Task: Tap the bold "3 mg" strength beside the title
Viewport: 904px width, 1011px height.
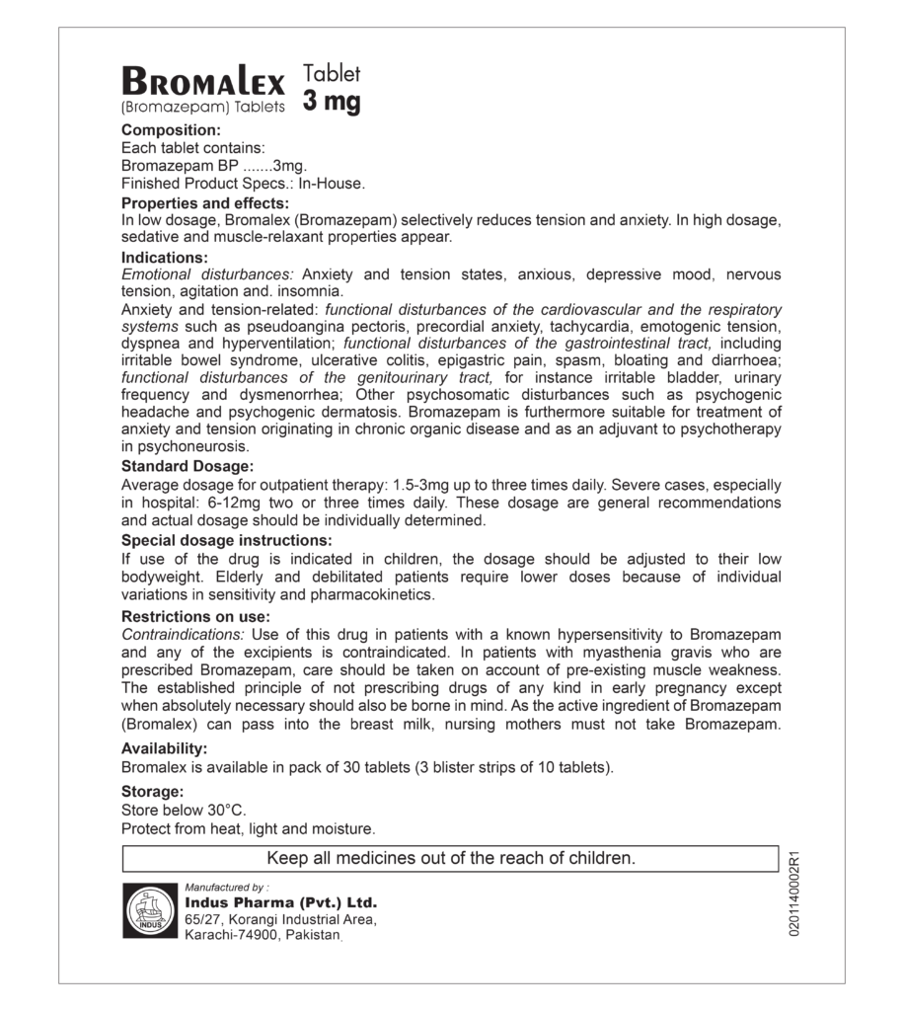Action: (x=332, y=102)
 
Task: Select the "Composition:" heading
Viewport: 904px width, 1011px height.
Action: (x=170, y=130)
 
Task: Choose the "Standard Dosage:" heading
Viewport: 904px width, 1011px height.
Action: (x=188, y=466)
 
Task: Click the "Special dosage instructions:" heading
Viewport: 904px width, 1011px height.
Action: (x=226, y=540)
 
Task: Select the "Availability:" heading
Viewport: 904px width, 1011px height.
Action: (x=164, y=748)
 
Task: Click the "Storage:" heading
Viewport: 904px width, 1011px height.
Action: (x=152, y=791)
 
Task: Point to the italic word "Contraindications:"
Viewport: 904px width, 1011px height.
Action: (x=184, y=634)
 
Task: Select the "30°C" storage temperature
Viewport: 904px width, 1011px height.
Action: (x=226, y=810)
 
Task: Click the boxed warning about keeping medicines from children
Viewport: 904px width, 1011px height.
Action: (x=450, y=859)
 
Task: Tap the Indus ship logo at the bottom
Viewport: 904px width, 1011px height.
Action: (x=150, y=910)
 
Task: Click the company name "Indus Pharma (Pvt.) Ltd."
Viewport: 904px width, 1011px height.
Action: (x=280, y=902)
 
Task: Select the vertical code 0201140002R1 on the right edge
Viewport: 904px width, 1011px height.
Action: (x=794, y=893)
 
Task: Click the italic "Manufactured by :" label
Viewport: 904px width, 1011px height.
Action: (x=226, y=887)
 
